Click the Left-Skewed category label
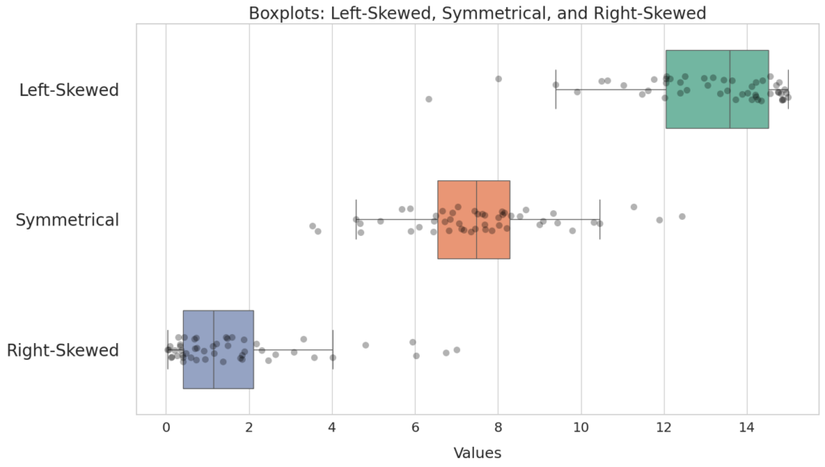pos(69,90)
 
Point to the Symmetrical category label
pos(68,220)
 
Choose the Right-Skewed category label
pos(63,350)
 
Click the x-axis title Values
pos(477,453)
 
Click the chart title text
pos(477,13)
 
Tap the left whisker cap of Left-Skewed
pos(556,89)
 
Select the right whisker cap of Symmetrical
pos(600,220)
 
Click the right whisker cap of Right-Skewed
pos(333,349)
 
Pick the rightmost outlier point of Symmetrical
pos(682,217)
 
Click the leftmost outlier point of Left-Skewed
pos(429,99)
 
